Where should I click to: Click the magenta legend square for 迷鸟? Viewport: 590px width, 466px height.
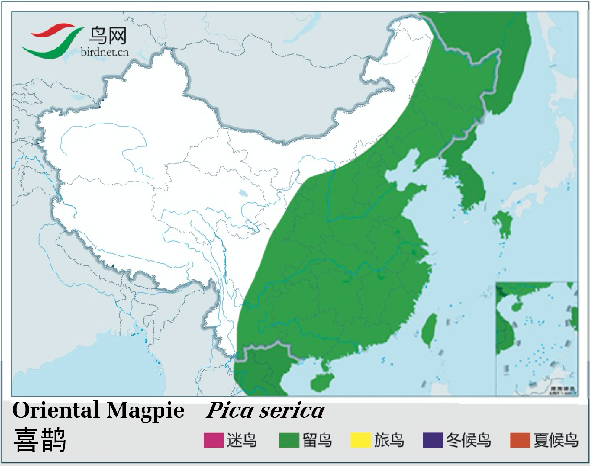tap(213, 440)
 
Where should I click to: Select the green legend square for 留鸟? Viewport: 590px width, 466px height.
tap(289, 440)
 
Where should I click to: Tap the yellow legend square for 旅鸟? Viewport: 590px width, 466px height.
tap(361, 440)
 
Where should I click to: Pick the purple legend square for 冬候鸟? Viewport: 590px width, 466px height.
tap(433, 440)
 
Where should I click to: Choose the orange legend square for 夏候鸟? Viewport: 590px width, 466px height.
tap(520, 440)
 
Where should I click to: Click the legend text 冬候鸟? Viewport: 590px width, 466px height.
tap(468, 440)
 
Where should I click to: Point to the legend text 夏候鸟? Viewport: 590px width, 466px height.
tap(556, 440)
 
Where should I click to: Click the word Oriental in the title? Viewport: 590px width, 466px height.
tap(56, 410)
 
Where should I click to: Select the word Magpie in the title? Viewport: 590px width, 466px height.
tap(145, 411)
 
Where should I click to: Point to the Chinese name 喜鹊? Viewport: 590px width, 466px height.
tap(40, 440)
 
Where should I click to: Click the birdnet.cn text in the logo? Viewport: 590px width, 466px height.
tap(105, 52)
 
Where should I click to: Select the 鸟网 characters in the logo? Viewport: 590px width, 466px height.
tap(107, 37)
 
